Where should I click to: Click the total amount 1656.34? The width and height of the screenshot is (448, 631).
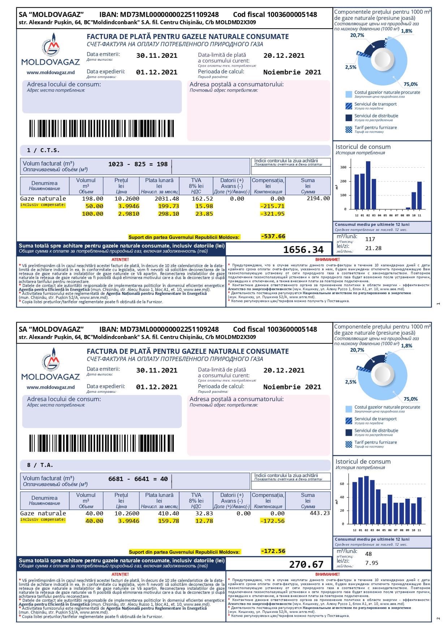tap(303, 250)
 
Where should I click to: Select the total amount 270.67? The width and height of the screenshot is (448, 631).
tap(306, 564)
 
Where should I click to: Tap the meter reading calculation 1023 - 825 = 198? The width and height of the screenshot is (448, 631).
tap(138, 164)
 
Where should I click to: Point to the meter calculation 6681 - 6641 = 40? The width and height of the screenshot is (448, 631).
tap(138, 479)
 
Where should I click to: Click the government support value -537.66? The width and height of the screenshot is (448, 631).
tap(273, 236)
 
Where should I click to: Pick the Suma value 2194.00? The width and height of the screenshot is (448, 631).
tap(318, 198)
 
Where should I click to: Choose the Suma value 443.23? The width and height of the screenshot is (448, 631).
tap(320, 513)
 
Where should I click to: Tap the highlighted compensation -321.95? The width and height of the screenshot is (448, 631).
tap(273, 214)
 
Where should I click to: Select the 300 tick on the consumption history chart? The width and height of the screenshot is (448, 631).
tap(343, 167)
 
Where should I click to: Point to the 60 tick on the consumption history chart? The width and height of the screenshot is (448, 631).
tap(342, 484)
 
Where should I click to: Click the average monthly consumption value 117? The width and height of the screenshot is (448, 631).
tap(370, 239)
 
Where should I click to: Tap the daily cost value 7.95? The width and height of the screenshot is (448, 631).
tap(372, 563)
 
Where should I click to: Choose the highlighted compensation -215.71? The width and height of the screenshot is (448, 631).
tap(273, 206)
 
